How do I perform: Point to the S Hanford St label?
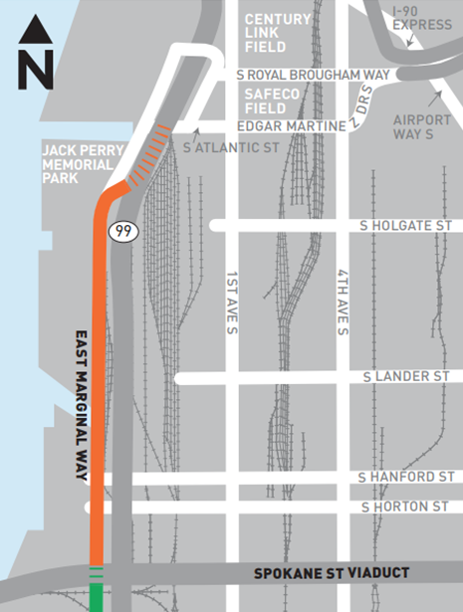coord(407,479)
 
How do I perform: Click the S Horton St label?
coord(407,508)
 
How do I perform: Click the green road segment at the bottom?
coord(97,597)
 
